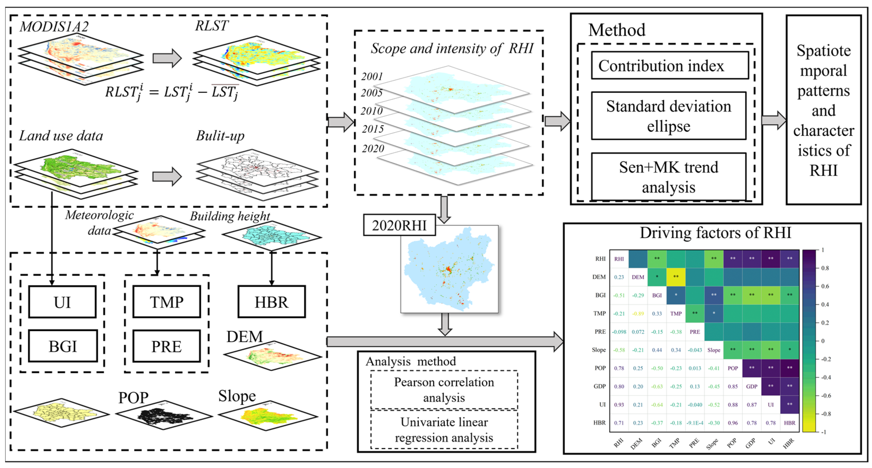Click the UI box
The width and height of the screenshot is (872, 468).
pyautogui.click(x=63, y=302)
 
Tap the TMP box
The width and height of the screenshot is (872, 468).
pyautogui.click(x=166, y=302)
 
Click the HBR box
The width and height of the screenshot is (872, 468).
pyautogui.click(x=272, y=302)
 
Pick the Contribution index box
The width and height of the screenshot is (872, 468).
pyautogui.click(x=669, y=66)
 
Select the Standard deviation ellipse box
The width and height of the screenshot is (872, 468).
pyautogui.click(x=669, y=116)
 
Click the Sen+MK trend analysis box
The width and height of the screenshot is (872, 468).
pyautogui.click(x=669, y=177)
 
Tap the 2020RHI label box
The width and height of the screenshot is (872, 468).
pyautogui.click(x=399, y=225)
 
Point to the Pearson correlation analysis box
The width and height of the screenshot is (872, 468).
pyautogui.click(x=444, y=390)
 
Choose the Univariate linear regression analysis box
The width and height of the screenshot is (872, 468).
pyautogui.click(x=444, y=430)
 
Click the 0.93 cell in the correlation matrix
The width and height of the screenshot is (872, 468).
pyautogui.click(x=619, y=405)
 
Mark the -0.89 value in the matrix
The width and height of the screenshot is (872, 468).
pyautogui.click(x=638, y=314)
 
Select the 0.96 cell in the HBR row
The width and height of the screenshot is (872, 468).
pyautogui.click(x=733, y=423)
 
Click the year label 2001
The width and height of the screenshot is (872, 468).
pyautogui.click(x=372, y=76)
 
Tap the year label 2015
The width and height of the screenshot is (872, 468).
pyautogui.click(x=373, y=129)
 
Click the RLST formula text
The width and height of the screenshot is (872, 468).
pyautogui.click(x=172, y=92)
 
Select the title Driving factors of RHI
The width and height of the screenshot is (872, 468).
pyautogui.click(x=715, y=233)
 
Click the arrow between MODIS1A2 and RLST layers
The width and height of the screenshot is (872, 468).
pyautogui.click(x=167, y=58)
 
